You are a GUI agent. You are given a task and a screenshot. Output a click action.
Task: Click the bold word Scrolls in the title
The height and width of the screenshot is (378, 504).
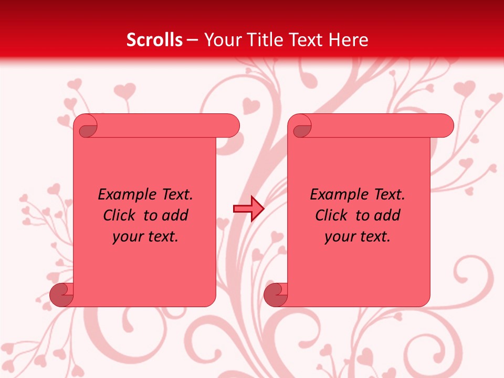155,40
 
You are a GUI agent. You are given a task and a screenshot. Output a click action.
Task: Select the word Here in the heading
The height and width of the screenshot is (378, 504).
349,40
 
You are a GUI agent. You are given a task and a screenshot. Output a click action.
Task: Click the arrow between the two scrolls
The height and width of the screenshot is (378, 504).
248,209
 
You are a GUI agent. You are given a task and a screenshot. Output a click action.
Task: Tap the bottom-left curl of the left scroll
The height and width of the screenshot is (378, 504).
61,295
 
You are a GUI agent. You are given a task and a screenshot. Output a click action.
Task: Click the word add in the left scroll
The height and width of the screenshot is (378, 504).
176,215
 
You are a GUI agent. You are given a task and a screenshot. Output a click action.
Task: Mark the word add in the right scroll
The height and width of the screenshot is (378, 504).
388,215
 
